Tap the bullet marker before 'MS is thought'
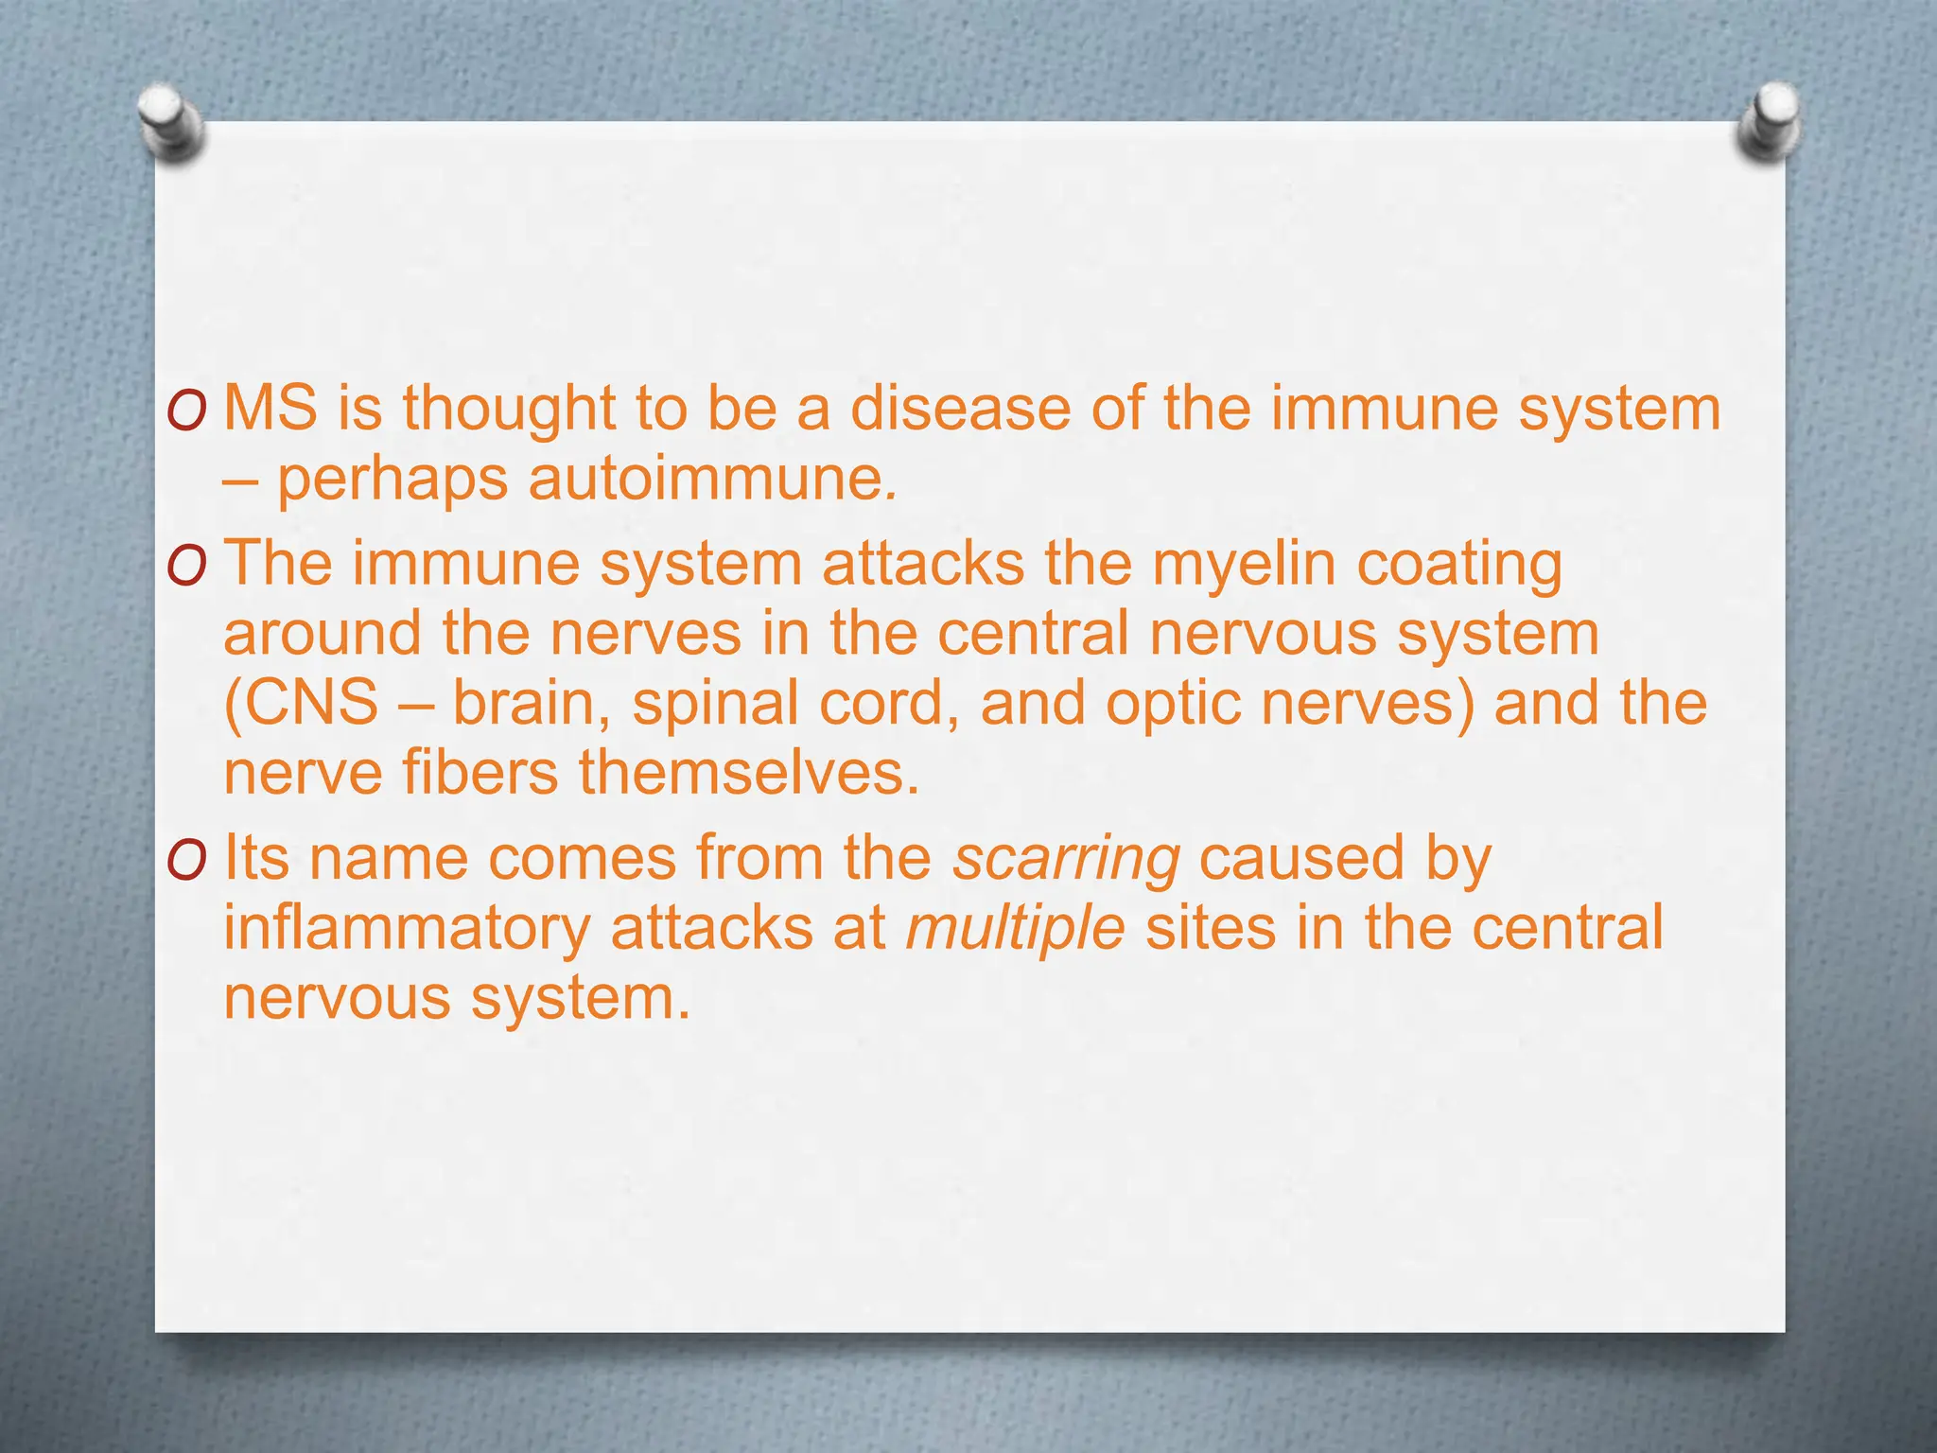click(x=185, y=412)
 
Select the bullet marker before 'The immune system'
click(x=185, y=568)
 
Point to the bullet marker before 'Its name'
click(x=185, y=862)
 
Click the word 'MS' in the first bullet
click(x=270, y=409)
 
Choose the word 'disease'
click(x=961, y=409)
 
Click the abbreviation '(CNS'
click(x=301, y=705)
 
